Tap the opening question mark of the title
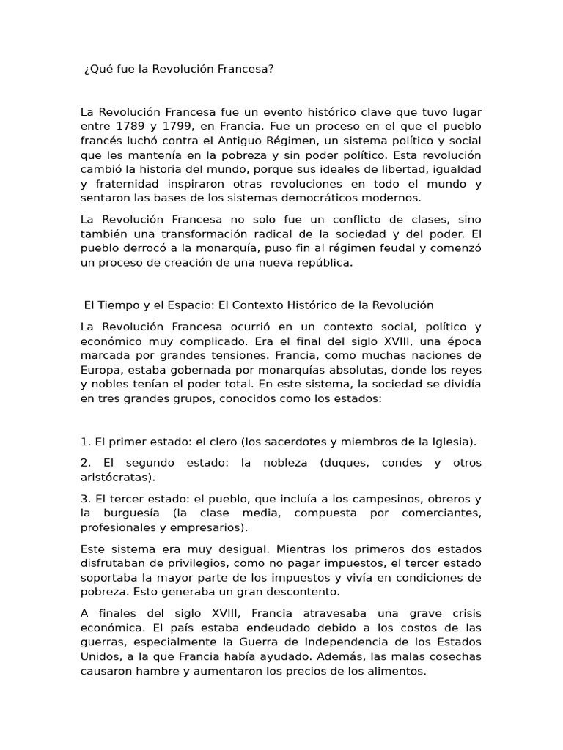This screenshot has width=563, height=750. pos(87,69)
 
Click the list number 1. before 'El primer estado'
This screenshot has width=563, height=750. pos(85,442)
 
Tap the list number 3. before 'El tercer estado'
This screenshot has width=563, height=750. pos(85,499)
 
